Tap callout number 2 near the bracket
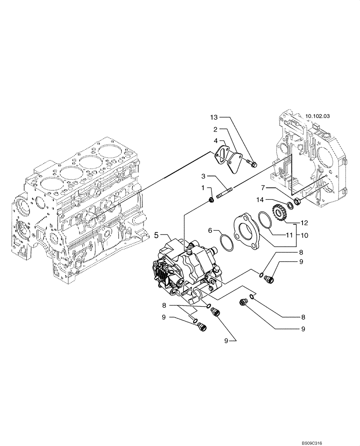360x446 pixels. point(215,130)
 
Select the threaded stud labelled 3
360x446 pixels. point(225,194)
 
